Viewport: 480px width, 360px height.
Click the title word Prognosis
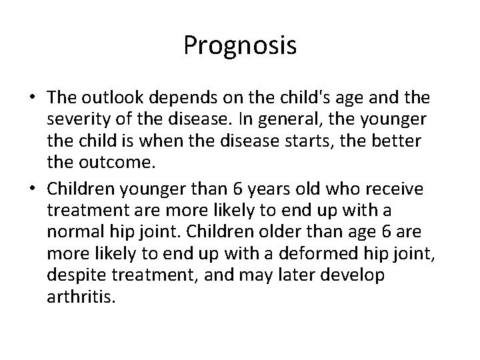tap(239, 46)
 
